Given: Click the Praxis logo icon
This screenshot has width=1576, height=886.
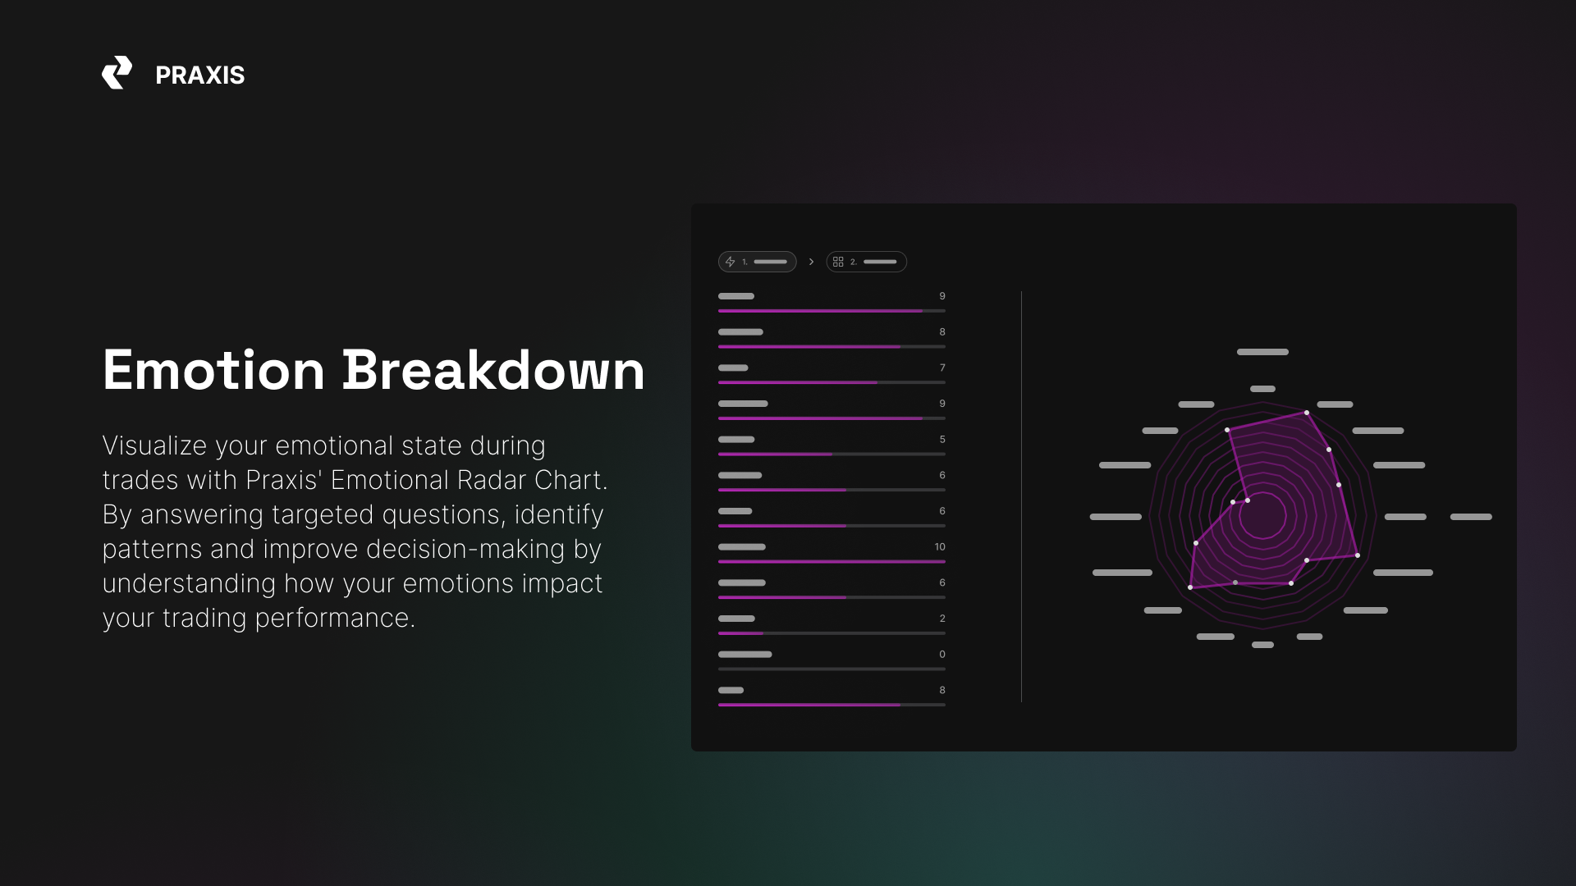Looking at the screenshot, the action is click(117, 73).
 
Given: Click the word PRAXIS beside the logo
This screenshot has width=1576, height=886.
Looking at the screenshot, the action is click(199, 75).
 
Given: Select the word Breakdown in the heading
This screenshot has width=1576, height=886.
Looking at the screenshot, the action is click(493, 370).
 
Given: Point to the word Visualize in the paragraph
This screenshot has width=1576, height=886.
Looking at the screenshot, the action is click(154, 445).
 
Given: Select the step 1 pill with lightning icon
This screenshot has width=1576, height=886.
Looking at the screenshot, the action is click(757, 262).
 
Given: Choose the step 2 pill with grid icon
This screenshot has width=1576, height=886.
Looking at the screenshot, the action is click(866, 262).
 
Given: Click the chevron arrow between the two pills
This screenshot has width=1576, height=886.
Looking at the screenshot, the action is click(811, 262).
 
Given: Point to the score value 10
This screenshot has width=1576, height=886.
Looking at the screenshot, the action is click(940, 547).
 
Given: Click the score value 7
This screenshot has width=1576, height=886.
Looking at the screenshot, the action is click(942, 368).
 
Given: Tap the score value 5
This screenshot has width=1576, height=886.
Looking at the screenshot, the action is click(942, 440).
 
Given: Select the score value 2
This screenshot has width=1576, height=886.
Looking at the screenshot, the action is click(942, 619).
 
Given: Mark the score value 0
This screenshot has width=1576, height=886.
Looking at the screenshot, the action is click(942, 655).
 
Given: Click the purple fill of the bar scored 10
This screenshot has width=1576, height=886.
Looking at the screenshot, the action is click(832, 562).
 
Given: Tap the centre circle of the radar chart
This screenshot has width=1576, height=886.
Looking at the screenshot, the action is click(1262, 516).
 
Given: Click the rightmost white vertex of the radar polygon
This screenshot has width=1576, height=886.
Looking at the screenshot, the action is click(1358, 555).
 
